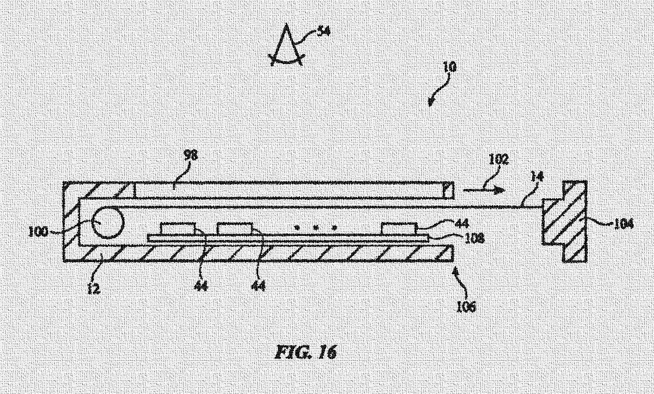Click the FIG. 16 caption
[306, 352]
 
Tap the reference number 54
[324, 31]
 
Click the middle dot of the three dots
[315, 227]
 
